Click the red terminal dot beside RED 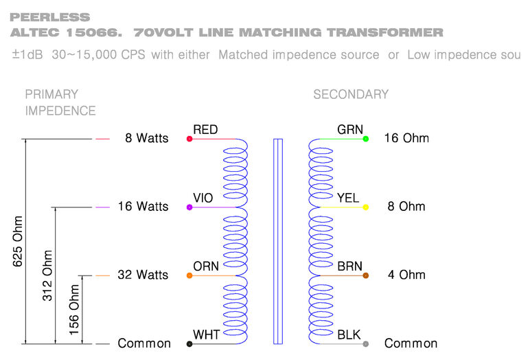[189, 139]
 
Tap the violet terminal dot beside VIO [189, 207]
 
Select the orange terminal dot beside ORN [189, 275]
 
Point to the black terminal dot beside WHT [189, 344]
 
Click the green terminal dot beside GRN [366, 139]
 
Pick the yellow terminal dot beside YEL [366, 207]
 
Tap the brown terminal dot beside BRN [366, 275]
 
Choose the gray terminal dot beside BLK [366, 344]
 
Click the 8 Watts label [146, 139]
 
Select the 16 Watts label [143, 207]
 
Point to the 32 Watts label [143, 275]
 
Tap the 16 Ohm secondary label [406, 139]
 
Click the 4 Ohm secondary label [406, 275]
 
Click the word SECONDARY [351, 95]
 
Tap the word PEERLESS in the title [41, 16]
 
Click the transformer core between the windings [278, 240]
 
